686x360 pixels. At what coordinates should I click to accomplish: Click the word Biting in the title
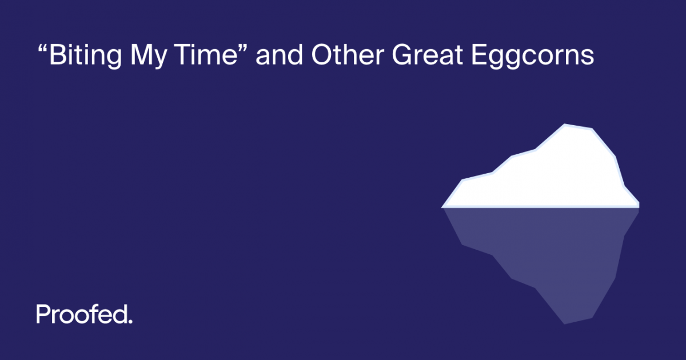(80, 57)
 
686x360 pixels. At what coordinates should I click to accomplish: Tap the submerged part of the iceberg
(549, 251)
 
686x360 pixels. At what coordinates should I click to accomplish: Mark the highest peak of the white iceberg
(565, 125)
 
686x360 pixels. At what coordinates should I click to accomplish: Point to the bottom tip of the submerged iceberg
(565, 323)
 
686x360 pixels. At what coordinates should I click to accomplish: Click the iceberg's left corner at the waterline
(444, 206)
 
